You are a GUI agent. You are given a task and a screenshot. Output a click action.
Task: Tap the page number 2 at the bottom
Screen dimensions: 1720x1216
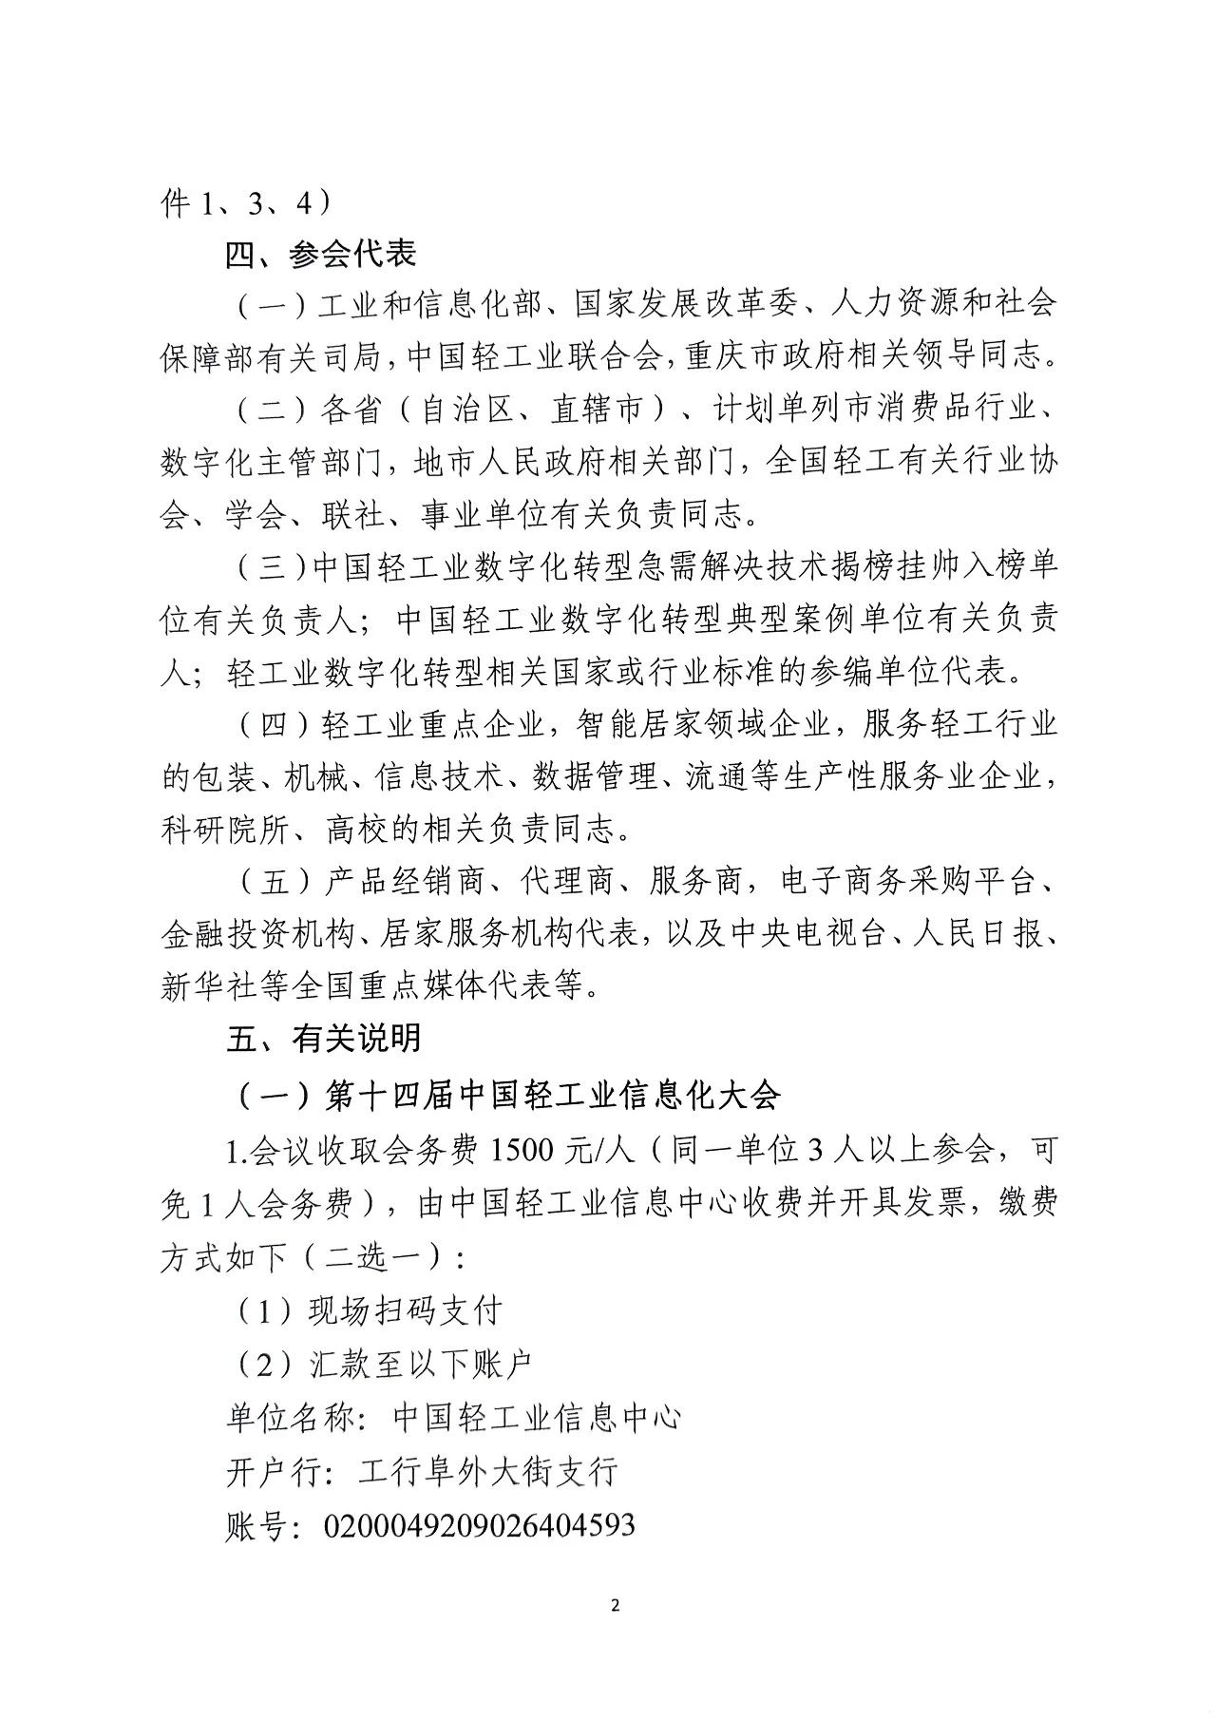[x=614, y=1607]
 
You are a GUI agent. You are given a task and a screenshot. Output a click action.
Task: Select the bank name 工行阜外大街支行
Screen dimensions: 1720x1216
[x=488, y=1472]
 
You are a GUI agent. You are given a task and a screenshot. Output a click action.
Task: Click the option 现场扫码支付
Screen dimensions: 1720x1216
[x=405, y=1311]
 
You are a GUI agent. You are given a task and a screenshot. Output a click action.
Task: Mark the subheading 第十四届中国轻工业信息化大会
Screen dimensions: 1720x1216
[x=552, y=1095]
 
